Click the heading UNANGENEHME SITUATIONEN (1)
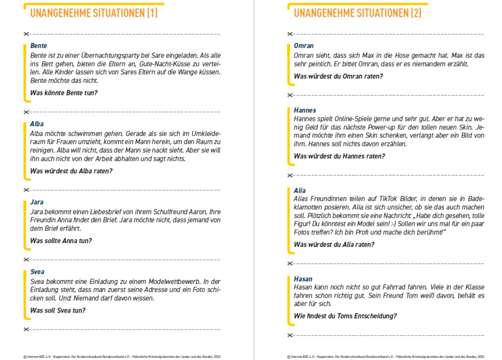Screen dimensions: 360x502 94,14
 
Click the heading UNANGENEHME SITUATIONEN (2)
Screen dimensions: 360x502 357,14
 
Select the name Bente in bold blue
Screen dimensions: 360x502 39,46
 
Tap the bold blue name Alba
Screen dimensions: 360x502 37,124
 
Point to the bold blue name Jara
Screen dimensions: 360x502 36,202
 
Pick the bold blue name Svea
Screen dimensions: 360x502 37,272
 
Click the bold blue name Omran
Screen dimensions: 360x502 304,46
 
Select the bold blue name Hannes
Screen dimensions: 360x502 305,110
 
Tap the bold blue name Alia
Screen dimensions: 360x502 300,190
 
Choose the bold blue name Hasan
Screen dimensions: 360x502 303,279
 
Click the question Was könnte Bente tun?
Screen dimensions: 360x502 64,93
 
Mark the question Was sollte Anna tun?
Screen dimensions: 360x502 61,241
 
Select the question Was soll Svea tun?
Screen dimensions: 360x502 58,310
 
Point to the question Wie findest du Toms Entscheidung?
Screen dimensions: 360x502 345,316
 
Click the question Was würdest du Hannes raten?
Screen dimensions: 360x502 339,156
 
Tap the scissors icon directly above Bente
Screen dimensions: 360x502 26,34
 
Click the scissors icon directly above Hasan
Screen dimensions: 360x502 290,264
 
